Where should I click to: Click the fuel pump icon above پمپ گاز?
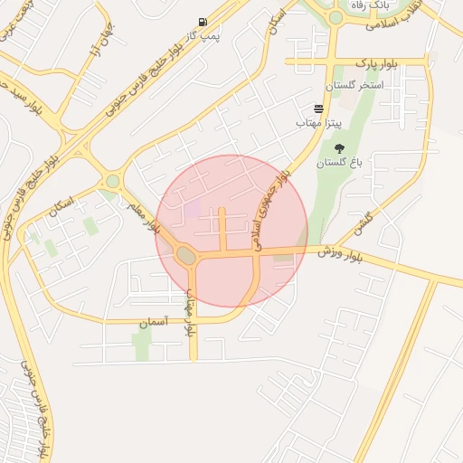point(200,22)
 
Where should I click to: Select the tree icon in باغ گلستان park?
point(339,148)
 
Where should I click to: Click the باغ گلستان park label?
point(339,164)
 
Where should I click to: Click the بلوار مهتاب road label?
point(190,312)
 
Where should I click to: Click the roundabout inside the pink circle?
point(186,257)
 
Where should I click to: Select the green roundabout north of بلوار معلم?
point(112,181)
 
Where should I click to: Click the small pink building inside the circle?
point(193,209)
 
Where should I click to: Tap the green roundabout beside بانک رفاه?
point(335,17)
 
